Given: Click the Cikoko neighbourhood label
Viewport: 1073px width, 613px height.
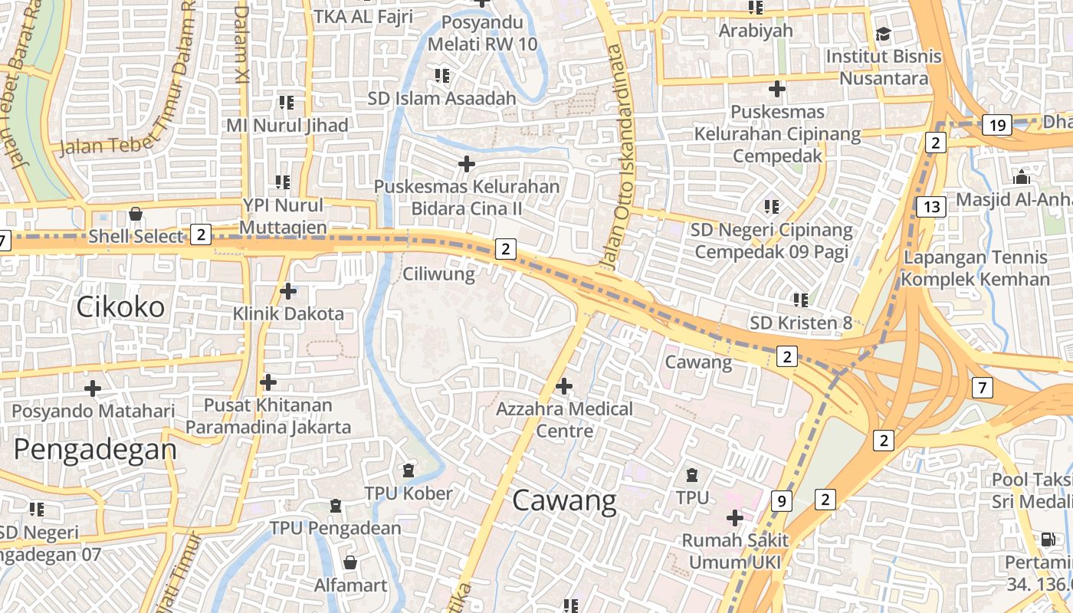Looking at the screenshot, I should (120, 307).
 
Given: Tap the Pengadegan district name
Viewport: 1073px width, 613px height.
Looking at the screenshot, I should (95, 449).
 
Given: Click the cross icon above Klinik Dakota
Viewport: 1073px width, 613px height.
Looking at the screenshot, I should (288, 291).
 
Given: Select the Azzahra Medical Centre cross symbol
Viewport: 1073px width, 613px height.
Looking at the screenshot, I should (564, 386).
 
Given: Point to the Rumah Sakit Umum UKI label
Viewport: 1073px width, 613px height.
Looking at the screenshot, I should (735, 552).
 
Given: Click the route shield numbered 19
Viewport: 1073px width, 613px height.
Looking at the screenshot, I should (997, 126).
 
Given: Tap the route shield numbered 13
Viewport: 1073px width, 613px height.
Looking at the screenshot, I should (931, 206).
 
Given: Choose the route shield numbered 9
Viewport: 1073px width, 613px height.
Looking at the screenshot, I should (781, 501).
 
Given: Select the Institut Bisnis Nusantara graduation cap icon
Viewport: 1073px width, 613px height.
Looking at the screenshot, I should (884, 34).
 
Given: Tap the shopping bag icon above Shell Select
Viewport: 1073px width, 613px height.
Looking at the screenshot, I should (136, 214).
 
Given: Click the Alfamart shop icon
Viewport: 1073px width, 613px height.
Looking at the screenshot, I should (350, 563).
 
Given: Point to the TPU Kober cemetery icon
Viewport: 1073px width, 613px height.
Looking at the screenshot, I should (409, 470).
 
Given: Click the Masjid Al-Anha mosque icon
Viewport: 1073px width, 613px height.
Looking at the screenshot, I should (1021, 178).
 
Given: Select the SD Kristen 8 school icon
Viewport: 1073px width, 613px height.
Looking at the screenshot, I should (801, 300).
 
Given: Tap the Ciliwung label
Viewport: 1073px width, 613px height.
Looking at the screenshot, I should (439, 274).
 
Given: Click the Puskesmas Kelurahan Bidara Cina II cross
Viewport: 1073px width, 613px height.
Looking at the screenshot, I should (466, 164).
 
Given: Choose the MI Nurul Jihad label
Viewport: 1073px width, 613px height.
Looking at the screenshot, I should (287, 125).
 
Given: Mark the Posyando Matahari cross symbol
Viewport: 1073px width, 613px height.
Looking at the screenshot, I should (93, 388).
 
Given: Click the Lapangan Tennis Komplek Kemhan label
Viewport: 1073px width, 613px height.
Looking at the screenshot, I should (975, 268).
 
